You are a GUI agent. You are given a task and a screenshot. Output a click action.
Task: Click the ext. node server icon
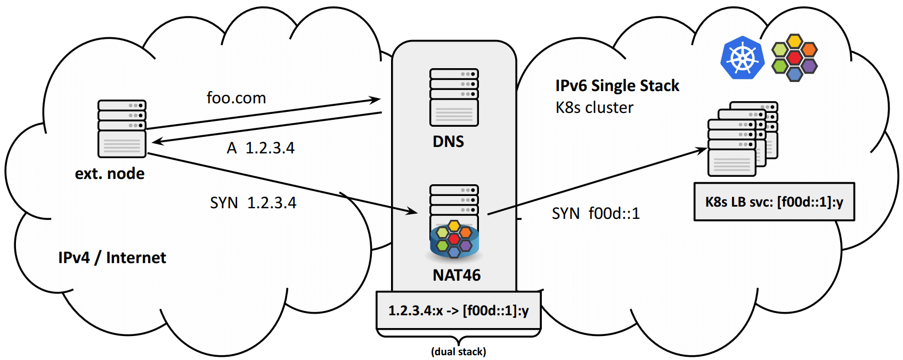[121, 128]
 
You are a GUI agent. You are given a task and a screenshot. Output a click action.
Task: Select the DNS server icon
[454, 97]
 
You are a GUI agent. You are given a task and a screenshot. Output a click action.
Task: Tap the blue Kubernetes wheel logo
[742, 58]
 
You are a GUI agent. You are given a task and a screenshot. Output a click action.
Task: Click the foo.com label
[236, 98]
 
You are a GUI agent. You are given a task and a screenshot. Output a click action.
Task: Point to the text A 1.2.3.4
[261, 148]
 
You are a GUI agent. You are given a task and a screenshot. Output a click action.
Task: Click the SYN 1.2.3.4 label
[253, 203]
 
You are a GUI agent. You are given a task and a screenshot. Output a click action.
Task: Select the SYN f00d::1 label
[596, 214]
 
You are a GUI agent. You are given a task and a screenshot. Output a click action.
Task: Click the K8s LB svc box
[774, 202]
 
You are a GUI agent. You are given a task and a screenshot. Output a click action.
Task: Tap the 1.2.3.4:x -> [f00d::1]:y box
[458, 310]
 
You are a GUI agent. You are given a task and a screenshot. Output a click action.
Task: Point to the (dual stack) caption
[458, 351]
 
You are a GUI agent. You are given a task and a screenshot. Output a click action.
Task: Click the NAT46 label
[457, 275]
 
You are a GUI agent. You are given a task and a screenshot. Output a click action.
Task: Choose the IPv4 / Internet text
[112, 258]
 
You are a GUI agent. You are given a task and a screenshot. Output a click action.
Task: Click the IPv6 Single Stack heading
[617, 86]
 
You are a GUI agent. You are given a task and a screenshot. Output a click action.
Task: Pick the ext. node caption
[110, 174]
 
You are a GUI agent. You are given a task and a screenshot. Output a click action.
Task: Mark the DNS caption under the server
[448, 142]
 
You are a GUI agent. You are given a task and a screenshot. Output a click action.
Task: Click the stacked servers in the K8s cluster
[742, 139]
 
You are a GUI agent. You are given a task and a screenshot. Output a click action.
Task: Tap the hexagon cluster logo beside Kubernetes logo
[794, 58]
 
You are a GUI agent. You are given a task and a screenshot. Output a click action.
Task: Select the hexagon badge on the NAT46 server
[454, 239]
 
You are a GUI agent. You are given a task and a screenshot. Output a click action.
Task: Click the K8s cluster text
[595, 108]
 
